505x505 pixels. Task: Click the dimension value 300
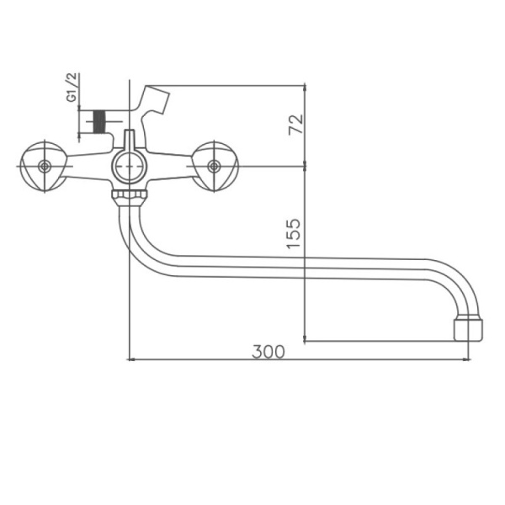(x=268, y=351)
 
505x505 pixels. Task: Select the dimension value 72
(x=295, y=124)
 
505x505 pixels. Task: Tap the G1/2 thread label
(x=72, y=88)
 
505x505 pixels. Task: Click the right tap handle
(x=215, y=166)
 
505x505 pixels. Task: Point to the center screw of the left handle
(x=44, y=166)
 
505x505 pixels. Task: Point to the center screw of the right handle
(x=215, y=166)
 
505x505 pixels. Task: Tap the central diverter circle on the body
(x=129, y=167)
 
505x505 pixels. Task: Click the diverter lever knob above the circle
(x=129, y=140)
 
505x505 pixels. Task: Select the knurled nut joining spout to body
(x=129, y=196)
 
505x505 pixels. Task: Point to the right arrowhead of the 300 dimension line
(x=469, y=359)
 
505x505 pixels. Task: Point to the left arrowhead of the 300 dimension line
(x=130, y=359)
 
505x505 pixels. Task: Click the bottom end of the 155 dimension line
(x=304, y=340)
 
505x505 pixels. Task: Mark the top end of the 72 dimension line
(x=304, y=86)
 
